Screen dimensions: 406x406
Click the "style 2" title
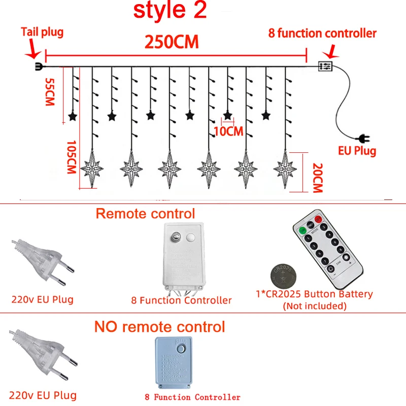[170, 11]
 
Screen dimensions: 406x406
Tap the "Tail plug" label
[42, 32]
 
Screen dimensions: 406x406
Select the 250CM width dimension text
[172, 42]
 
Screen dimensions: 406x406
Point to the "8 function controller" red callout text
[322, 33]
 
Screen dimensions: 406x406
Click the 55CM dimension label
[50, 91]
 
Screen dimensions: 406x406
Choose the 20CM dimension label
[317, 178]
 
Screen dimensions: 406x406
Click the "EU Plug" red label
[357, 151]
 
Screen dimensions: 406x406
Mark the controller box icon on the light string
[325, 66]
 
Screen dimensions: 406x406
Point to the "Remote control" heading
[145, 214]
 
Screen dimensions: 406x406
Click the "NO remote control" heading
[160, 326]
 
